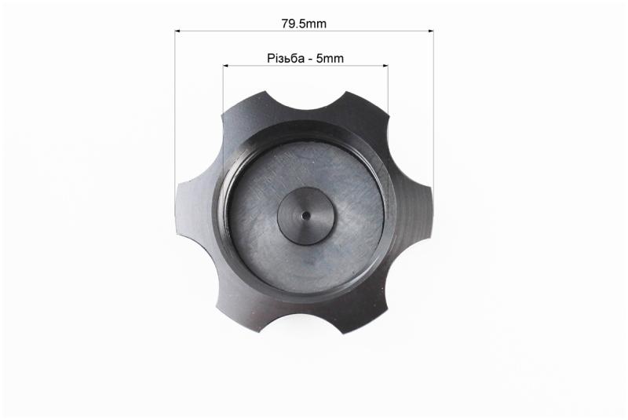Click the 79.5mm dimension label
[304, 24]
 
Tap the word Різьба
[285, 58]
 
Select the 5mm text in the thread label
[330, 58]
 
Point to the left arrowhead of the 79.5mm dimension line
[178, 31]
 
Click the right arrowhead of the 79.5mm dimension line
[431, 31]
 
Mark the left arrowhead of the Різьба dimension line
[226, 65]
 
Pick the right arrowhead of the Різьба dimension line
[385, 65]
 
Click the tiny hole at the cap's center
[305, 215]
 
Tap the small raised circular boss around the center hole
[305, 216]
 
